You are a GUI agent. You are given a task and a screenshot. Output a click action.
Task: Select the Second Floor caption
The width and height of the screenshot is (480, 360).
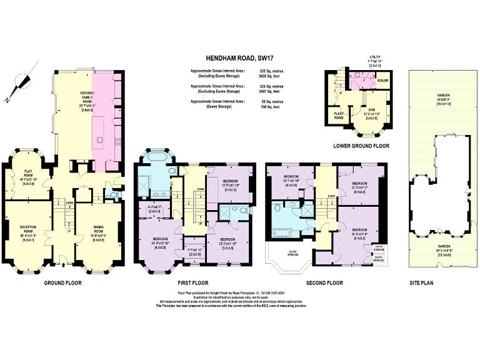click(324, 282)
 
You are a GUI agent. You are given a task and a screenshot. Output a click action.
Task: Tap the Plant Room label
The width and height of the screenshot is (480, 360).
click(339, 116)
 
